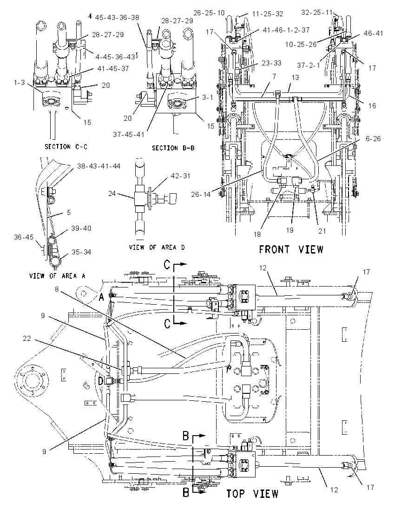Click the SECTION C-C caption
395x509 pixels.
click(x=66, y=147)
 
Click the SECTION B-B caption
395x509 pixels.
click(x=173, y=148)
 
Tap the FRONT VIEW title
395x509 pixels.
click(x=291, y=249)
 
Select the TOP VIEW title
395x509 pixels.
click(x=252, y=494)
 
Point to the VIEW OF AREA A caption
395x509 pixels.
click(x=57, y=276)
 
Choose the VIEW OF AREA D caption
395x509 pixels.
click(x=157, y=248)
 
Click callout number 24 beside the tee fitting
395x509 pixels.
click(x=112, y=194)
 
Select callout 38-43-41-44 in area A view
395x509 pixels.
click(x=99, y=166)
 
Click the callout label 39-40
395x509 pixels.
click(x=81, y=228)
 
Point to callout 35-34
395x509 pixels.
click(x=81, y=252)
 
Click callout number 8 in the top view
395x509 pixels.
click(x=57, y=288)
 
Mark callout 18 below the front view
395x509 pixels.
click(x=257, y=235)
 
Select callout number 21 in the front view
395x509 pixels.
click(x=322, y=231)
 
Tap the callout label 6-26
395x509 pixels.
click(x=373, y=138)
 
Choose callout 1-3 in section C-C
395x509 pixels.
click(x=19, y=83)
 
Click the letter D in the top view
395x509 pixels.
click(x=101, y=380)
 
